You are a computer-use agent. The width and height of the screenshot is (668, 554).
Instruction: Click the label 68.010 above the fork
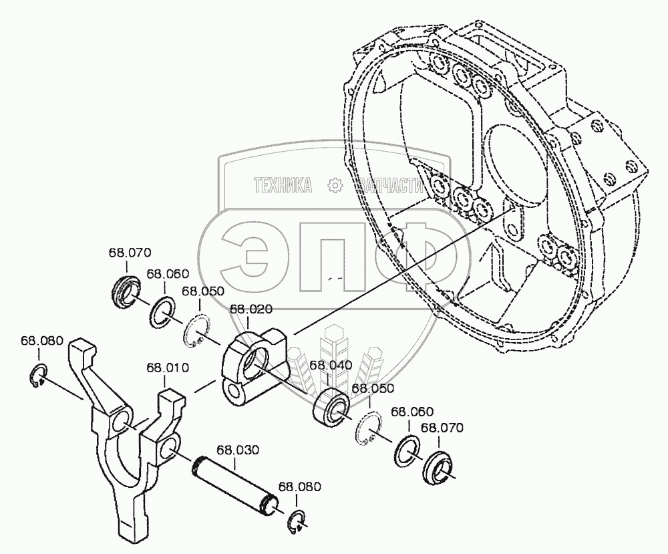[x=168, y=367]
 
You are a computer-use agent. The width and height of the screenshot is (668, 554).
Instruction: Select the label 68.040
[x=331, y=365]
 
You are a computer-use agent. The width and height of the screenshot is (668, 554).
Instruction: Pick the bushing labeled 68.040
[x=331, y=406]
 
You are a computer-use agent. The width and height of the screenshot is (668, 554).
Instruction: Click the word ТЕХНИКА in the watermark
[x=283, y=185]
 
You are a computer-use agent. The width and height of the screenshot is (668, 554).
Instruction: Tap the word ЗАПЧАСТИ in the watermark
[x=392, y=185]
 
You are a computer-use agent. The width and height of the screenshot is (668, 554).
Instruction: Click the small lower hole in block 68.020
[x=235, y=392]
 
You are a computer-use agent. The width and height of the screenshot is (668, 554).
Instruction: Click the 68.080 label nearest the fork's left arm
[x=41, y=340]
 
